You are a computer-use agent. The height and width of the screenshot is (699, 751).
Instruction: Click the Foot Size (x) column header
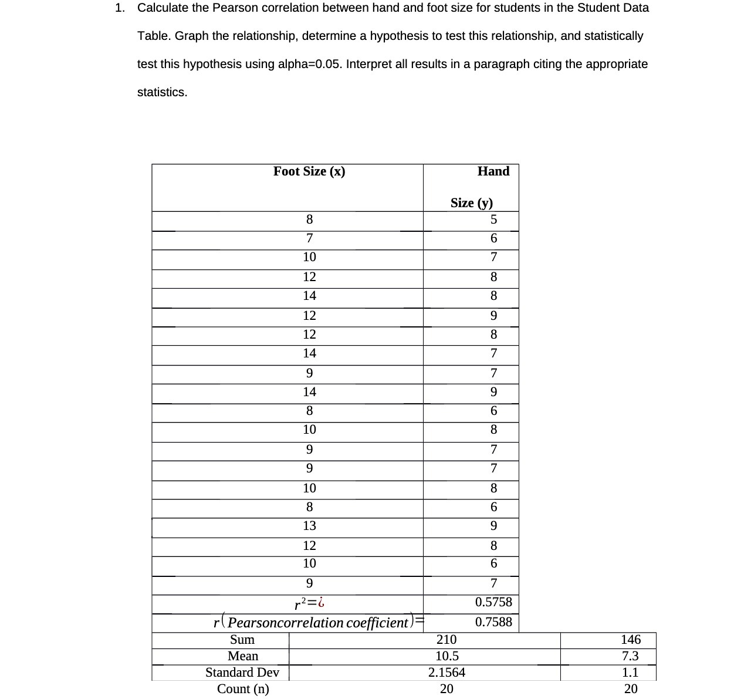(309, 171)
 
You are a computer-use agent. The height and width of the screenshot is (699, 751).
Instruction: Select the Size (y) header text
(471, 203)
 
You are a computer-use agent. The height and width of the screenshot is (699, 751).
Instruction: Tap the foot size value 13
(309, 526)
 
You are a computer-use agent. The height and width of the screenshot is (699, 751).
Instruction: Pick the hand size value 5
(493, 220)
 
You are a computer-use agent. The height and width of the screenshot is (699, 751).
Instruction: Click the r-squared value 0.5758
(493, 602)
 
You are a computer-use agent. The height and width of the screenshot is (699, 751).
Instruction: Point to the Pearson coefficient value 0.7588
(493, 622)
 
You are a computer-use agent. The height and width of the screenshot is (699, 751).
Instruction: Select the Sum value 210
(446, 640)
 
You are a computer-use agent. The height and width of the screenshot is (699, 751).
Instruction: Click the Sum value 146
(631, 640)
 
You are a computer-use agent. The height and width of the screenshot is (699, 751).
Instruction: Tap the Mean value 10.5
(446, 656)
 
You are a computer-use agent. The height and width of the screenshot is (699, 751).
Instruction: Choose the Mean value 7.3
(630, 656)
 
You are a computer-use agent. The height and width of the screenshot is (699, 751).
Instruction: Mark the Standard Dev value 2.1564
(446, 673)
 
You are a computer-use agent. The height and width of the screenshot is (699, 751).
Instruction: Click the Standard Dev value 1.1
(630, 673)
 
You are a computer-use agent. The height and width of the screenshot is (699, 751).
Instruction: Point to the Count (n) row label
(243, 689)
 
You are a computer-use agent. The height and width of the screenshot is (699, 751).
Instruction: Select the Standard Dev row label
(242, 673)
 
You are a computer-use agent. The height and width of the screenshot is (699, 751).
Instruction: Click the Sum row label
(242, 640)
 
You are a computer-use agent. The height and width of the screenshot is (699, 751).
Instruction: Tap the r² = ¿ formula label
(309, 603)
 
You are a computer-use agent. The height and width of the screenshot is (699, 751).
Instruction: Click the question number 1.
(120, 8)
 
